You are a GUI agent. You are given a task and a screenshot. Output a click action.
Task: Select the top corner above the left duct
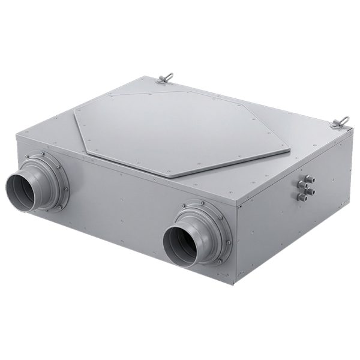[x=16, y=135]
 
